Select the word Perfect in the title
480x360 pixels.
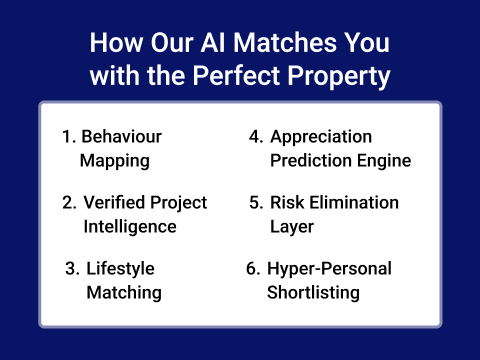coord(271,77)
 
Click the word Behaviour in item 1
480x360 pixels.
coord(121,136)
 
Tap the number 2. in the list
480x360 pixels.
coord(69,203)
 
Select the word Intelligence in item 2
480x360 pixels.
coord(130,226)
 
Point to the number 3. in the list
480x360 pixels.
coord(72,269)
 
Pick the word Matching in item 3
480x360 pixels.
coord(123,292)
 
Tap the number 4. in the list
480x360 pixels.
coord(256,136)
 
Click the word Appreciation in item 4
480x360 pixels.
coord(321,136)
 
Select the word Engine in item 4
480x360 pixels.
coord(386,160)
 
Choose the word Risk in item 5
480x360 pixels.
coord(286,203)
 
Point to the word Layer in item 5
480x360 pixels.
coord(292,226)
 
